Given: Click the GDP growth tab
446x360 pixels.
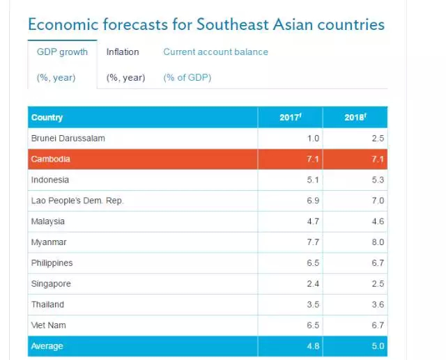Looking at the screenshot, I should [62, 52].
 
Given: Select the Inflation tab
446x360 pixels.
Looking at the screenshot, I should [123, 52].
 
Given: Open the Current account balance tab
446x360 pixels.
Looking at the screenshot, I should [215, 52].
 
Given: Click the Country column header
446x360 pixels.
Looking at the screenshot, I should [47, 118].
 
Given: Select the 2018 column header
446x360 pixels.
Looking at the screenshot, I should [355, 118].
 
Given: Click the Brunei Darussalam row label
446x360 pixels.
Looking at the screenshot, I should [68, 139].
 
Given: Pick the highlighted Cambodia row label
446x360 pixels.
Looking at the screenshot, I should [51, 159].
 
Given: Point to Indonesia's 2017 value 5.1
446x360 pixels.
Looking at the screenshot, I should [314, 180].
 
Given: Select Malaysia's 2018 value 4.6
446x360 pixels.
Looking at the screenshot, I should [378, 221].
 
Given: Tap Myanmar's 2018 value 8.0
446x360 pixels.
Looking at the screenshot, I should [378, 242].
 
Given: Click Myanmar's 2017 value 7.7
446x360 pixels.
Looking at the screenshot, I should [314, 242].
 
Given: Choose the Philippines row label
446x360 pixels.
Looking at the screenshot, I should [52, 263].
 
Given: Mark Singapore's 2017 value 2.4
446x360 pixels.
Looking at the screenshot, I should [314, 284].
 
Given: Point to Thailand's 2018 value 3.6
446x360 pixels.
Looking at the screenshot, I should [378, 304].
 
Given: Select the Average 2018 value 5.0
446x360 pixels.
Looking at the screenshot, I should [378, 346].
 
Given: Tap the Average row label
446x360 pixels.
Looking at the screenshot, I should [47, 346].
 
